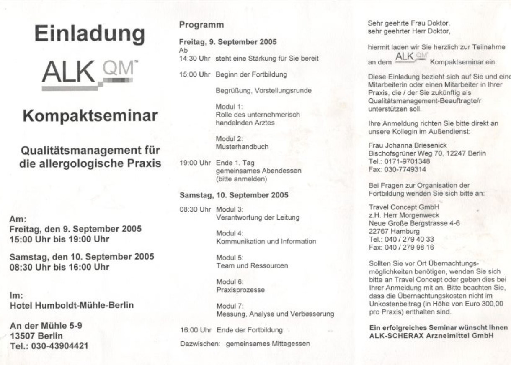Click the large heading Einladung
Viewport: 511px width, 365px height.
tap(90, 33)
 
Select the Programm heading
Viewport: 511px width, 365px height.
tap(201, 25)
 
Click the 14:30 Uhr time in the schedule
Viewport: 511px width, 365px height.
tap(195, 59)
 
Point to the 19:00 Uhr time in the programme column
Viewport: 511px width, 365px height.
tap(195, 163)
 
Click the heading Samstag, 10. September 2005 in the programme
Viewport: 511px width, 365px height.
tap(234, 195)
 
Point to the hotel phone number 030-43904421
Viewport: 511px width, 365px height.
tap(62, 346)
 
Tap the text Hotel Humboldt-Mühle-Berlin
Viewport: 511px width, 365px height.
tap(72, 305)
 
